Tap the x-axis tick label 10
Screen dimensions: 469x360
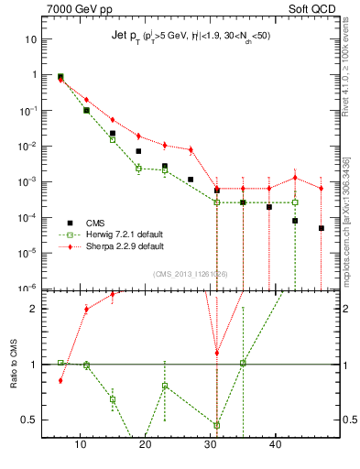pyautogui.click(x=80, y=447)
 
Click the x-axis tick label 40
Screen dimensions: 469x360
pyautogui.click(x=275, y=447)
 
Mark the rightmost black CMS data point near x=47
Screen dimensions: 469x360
pyautogui.click(x=322, y=228)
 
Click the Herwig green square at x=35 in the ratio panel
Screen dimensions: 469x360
pyautogui.click(x=243, y=363)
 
